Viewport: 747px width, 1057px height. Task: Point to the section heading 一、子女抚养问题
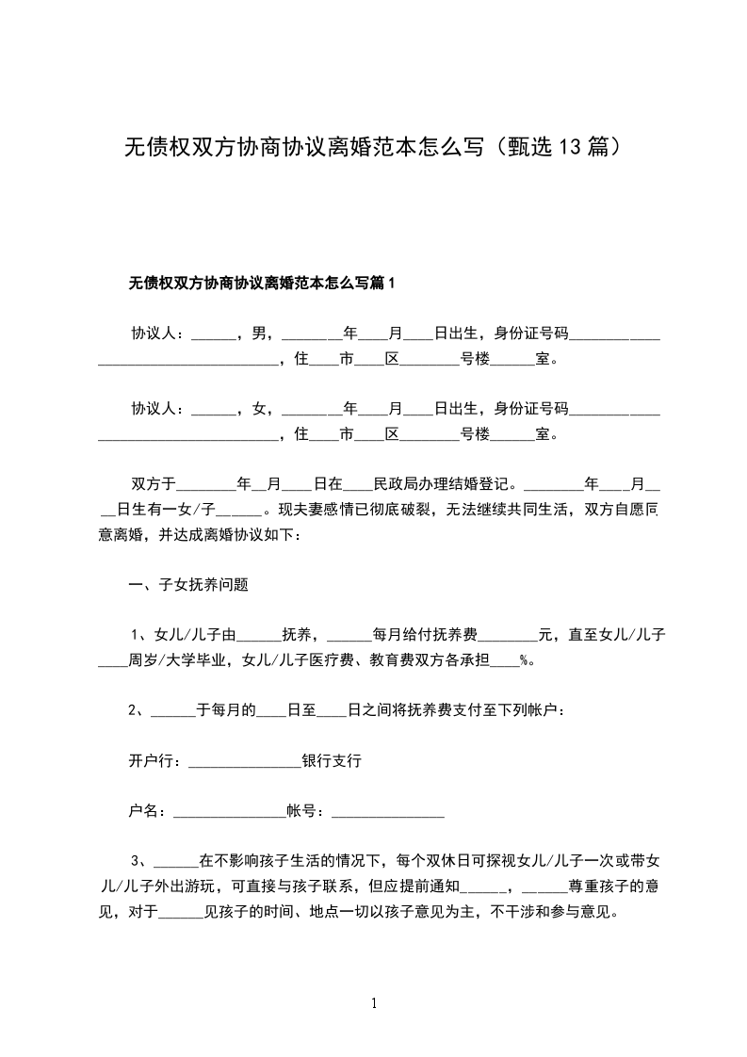[188, 584]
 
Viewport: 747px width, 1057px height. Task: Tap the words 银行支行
[332, 761]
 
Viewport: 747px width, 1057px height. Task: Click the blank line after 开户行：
[245, 763]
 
